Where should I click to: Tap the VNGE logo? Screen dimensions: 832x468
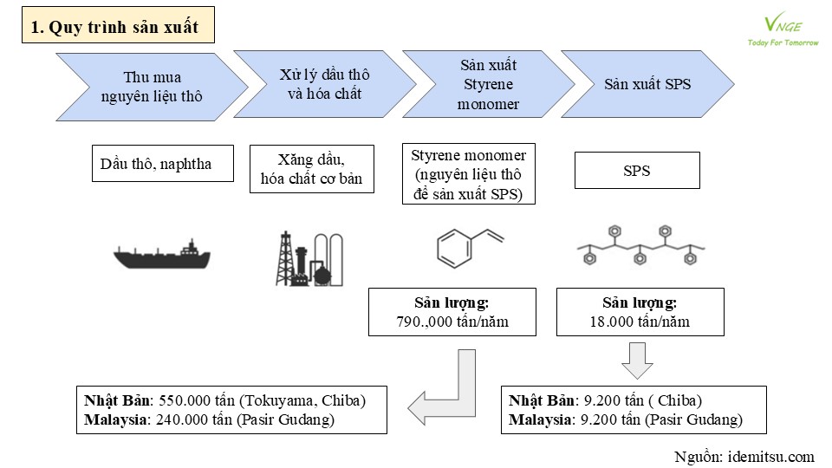point(783,31)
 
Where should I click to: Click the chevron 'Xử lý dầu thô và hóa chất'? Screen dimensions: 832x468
point(325,84)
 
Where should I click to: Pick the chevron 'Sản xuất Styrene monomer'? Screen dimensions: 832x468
point(488,84)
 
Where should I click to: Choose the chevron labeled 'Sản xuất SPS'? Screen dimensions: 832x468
point(647,84)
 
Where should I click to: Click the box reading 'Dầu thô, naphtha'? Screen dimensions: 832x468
point(162,164)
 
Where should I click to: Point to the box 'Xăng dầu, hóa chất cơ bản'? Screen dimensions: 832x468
point(311,169)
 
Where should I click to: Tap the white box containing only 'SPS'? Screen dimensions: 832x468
point(637,171)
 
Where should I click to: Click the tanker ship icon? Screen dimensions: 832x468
point(162,255)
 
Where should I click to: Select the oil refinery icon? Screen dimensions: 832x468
point(309,259)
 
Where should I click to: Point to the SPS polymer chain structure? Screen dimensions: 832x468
point(640,245)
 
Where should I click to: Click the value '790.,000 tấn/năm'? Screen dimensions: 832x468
point(452,322)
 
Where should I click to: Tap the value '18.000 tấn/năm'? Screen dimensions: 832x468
point(640,322)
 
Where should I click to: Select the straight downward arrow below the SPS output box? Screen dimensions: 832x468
point(637,361)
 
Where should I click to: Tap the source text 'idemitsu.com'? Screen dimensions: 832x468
point(771,457)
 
